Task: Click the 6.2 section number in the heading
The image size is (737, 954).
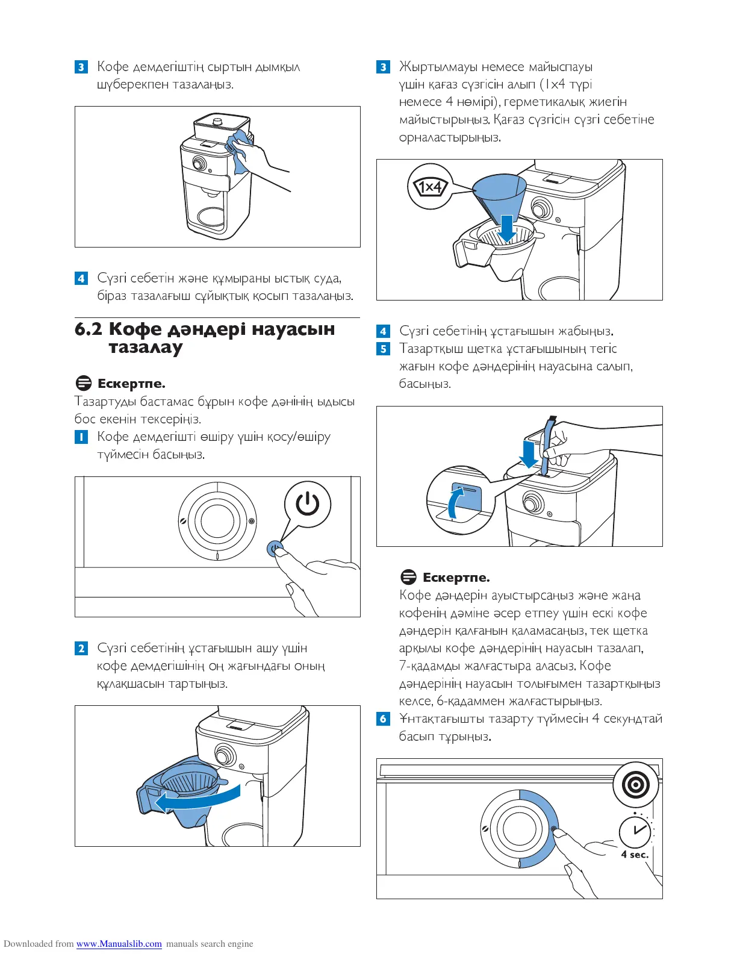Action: [x=88, y=329]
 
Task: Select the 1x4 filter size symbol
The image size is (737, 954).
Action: [x=430, y=187]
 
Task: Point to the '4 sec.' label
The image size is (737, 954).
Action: [x=635, y=854]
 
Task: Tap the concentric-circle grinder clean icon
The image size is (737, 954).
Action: [x=635, y=785]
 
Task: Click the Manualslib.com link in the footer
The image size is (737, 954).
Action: [x=119, y=944]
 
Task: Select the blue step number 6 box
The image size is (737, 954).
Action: [x=383, y=719]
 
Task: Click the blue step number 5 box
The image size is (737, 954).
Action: [x=383, y=349]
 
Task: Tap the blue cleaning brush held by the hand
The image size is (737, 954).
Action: [x=547, y=446]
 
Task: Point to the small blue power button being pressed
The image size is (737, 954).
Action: [x=274, y=548]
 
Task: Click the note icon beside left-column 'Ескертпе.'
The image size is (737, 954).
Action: [x=84, y=384]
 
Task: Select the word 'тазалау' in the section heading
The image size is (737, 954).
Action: [x=145, y=348]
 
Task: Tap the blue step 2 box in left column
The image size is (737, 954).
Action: [x=81, y=649]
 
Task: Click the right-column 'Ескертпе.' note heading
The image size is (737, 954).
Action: [x=456, y=578]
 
